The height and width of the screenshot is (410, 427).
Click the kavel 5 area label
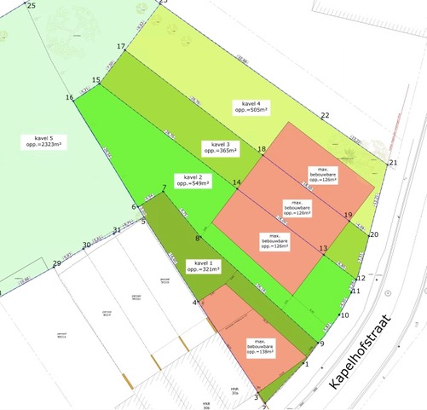tap(43, 142)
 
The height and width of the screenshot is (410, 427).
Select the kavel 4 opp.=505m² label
tap(251, 107)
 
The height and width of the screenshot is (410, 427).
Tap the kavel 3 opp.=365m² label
tap(220, 147)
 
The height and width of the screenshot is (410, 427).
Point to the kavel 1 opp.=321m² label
tap(203, 266)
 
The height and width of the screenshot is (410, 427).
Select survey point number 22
tap(325, 115)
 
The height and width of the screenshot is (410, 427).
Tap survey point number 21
tap(393, 163)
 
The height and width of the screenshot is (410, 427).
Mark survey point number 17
tap(121, 46)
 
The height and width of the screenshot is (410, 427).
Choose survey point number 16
tap(70, 98)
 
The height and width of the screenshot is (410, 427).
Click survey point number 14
tap(237, 182)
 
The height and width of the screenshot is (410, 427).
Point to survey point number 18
tap(262, 149)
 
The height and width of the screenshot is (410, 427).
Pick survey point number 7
tap(164, 188)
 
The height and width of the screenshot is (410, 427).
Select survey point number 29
tap(57, 263)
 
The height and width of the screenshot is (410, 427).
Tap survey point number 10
tap(345, 315)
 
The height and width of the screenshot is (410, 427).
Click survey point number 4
tap(195, 303)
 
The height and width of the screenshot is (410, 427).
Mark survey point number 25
tap(31, 5)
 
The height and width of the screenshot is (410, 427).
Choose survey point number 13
tap(323, 248)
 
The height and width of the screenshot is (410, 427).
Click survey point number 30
tap(86, 245)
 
